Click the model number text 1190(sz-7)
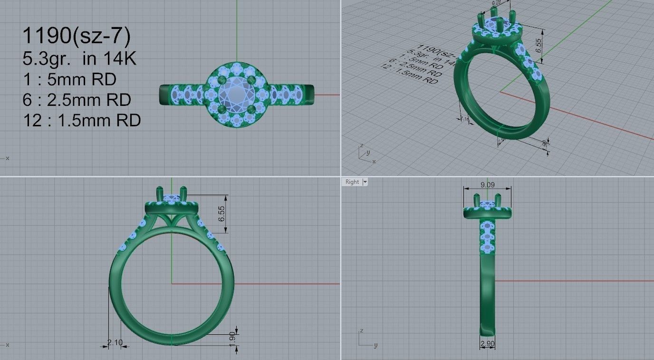click(77, 36)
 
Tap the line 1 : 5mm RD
click(69, 79)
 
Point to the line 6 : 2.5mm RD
click(77, 100)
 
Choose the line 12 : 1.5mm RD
click(81, 121)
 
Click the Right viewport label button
click(352, 182)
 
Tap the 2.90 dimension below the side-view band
click(487, 343)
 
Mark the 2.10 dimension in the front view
click(115, 342)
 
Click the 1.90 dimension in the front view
click(232, 337)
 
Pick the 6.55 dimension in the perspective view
click(539, 44)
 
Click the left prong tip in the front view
click(160, 190)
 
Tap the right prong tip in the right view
click(497, 197)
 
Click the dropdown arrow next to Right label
click(365, 182)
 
